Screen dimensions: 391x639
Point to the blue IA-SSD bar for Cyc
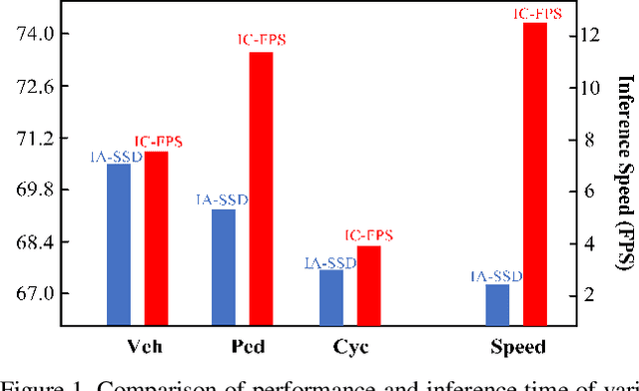click(330, 297)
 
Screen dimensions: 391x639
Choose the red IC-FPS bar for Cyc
click(368, 285)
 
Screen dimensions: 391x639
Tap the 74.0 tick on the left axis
click(51, 35)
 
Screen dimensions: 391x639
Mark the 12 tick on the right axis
click(589, 35)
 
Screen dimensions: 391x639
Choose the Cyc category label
click(349, 347)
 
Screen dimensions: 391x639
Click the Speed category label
click(517, 347)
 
